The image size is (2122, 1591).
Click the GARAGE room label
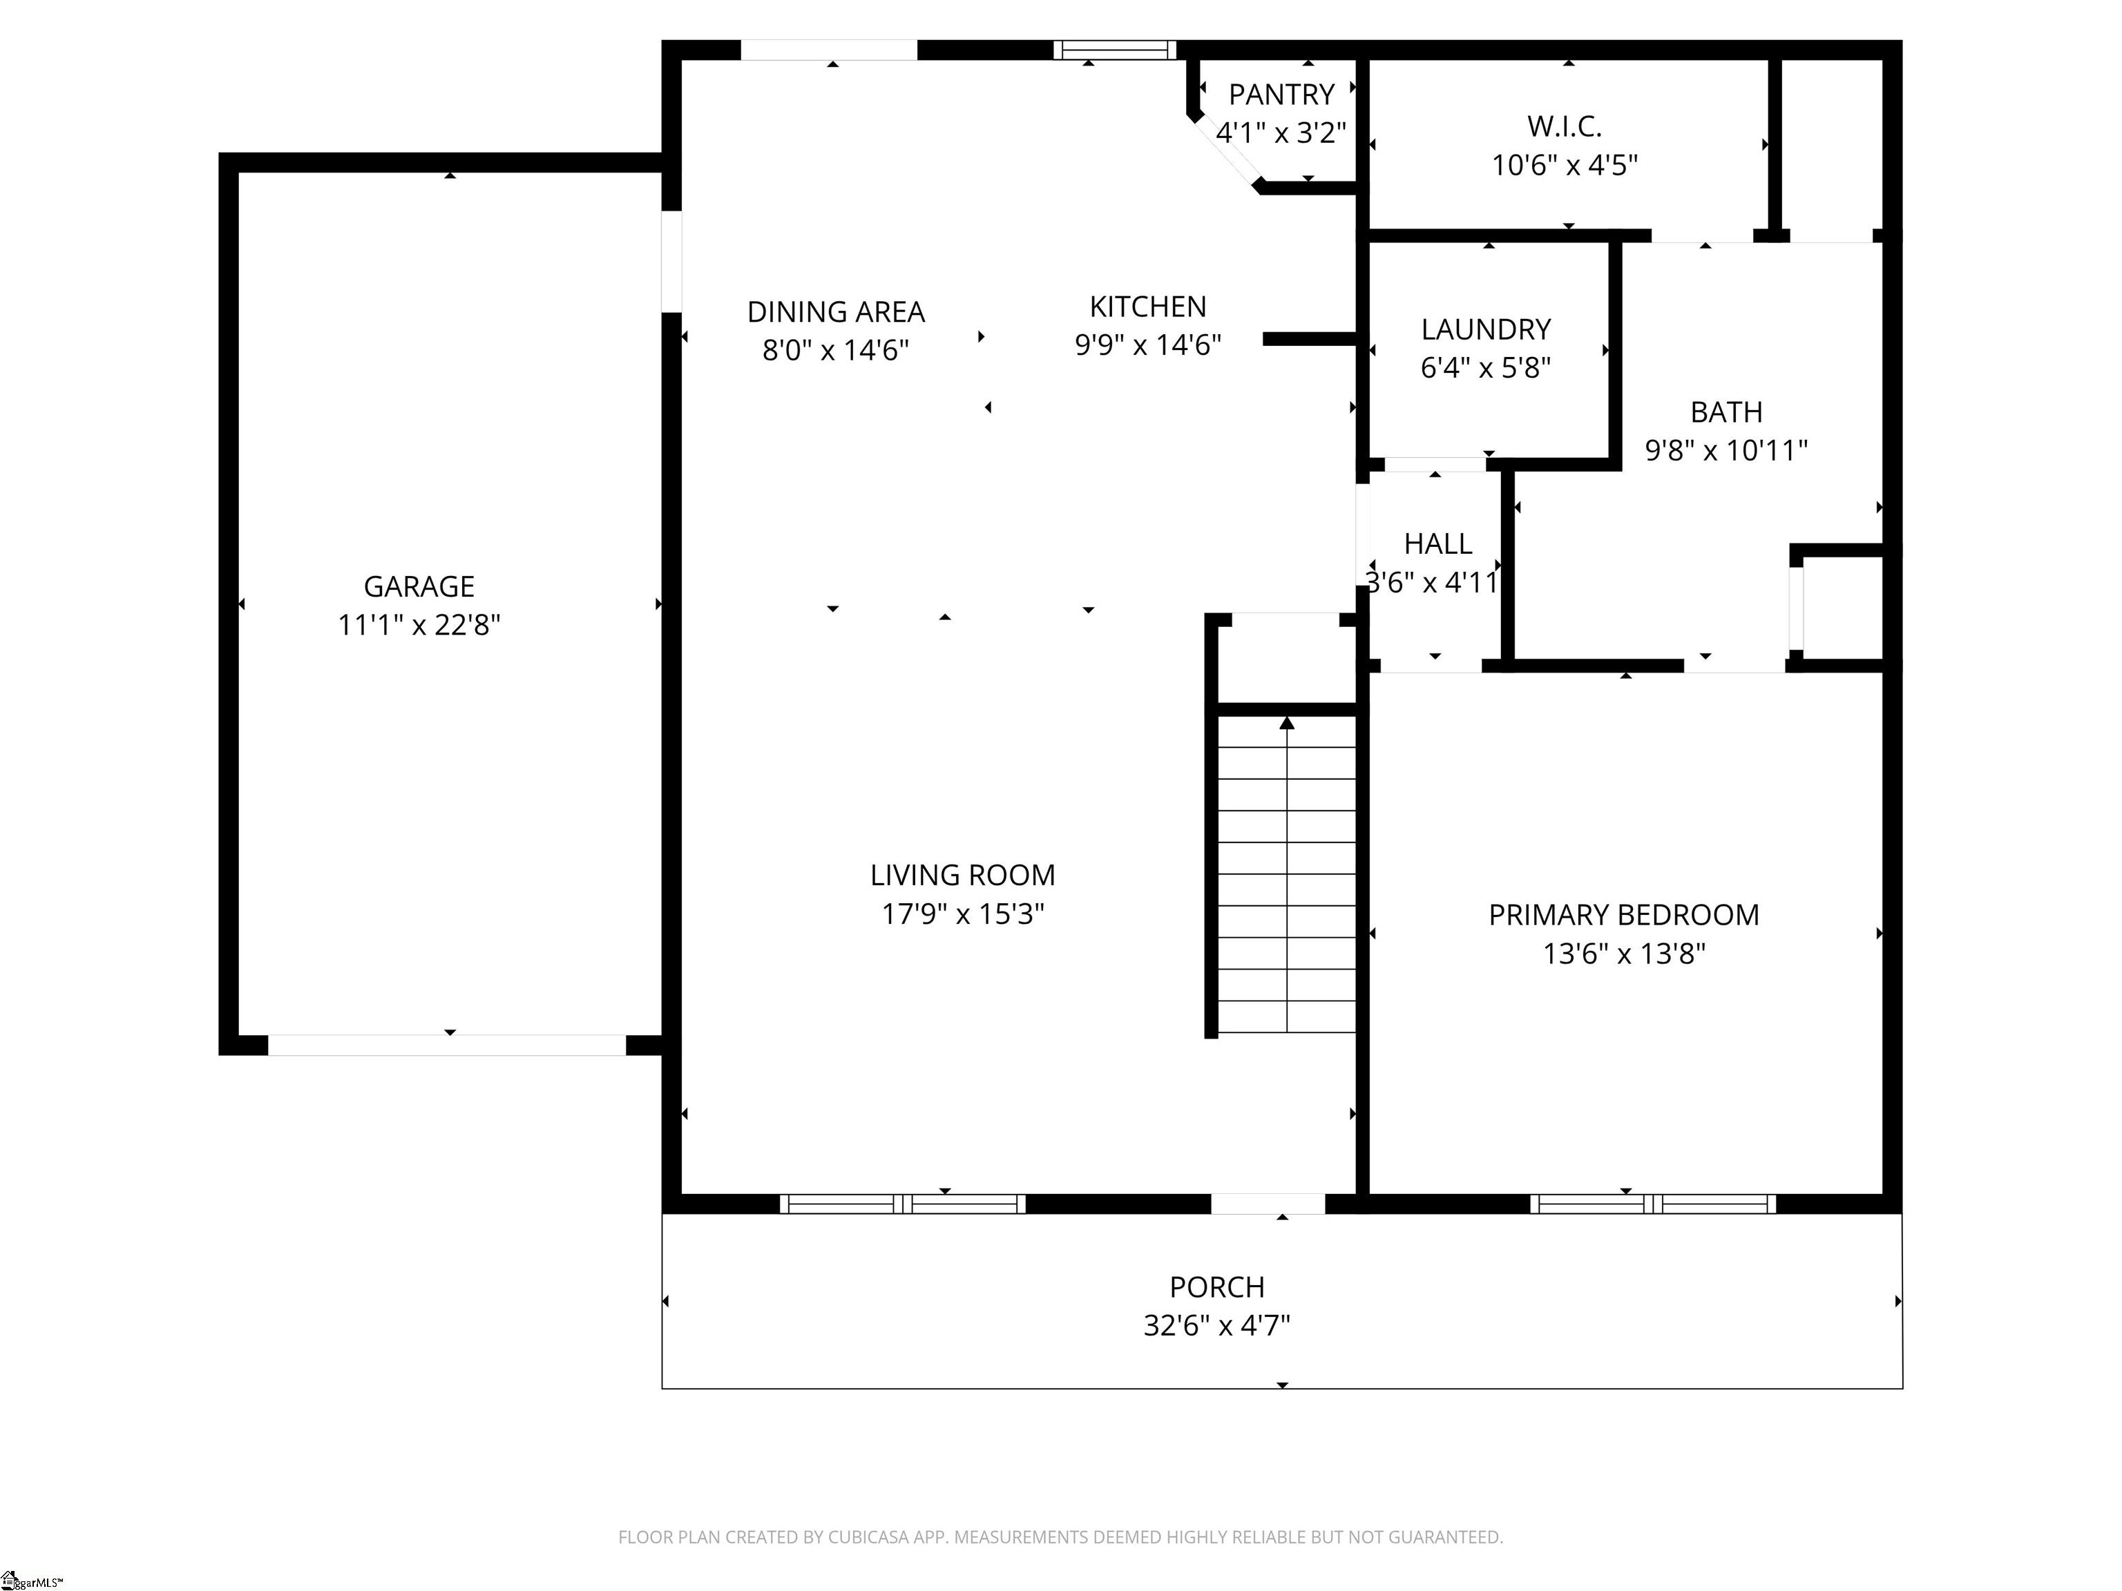pos(419,586)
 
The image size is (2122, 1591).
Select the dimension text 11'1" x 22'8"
pos(419,625)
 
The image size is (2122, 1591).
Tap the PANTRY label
pos(1281,94)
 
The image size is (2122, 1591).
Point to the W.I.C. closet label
pos(1564,126)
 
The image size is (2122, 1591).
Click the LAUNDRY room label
pos(1485,329)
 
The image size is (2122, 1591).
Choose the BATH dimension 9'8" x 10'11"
pos(1726,451)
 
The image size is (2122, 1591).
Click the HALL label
pos(1437,543)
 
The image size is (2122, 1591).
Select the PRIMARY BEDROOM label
pos(1623,915)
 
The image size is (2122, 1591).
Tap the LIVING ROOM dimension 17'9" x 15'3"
pos(962,914)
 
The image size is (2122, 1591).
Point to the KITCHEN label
pos(1147,306)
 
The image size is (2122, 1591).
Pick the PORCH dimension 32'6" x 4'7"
pos(1216,1325)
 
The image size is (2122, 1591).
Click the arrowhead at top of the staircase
pos(1286,723)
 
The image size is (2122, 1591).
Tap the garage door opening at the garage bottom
pos(446,1045)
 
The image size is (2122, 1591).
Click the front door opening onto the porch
pos(1268,1204)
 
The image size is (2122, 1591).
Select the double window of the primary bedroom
pos(1652,1204)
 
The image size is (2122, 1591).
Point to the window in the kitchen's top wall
pos(1115,50)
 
